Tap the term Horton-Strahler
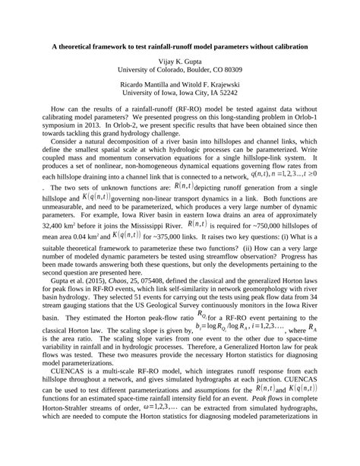coord(80,431)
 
